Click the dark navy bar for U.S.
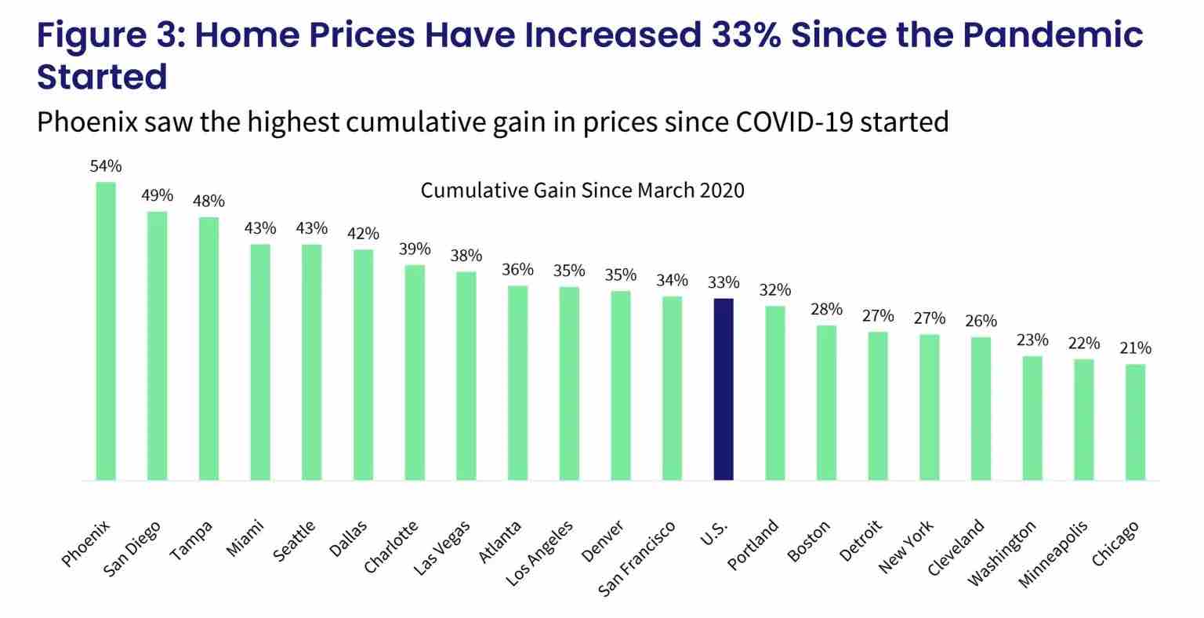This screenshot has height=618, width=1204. coord(723,389)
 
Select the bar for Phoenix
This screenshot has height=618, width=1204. coord(106,331)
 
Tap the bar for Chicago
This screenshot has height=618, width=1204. coord(1135,422)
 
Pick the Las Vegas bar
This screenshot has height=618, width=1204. coord(466,376)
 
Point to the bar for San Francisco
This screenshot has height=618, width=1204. coord(672,387)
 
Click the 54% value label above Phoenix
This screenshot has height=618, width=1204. coord(106,166)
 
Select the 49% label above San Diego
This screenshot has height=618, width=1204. coord(157,195)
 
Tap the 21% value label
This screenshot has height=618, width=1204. coord(1135,348)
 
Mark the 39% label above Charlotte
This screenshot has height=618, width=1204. coord(415,249)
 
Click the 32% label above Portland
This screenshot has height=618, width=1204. coord(774,289)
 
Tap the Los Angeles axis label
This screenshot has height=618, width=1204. coord(540,554)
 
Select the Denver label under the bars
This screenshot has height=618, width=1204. coord(603,542)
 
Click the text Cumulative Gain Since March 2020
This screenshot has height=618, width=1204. coord(582,191)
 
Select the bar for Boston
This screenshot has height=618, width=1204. coord(826,402)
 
